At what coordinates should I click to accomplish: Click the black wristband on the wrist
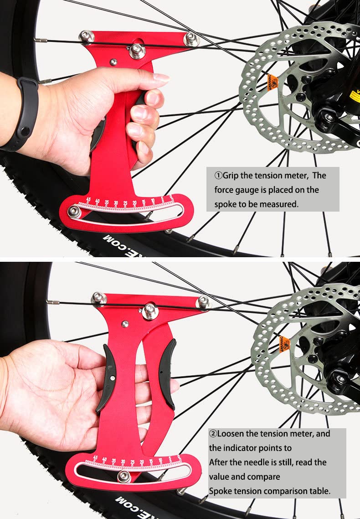point(23,114)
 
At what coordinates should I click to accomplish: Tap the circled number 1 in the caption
point(218,176)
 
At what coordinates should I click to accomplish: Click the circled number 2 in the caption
point(213,433)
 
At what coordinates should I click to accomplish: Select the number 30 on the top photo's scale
point(116,203)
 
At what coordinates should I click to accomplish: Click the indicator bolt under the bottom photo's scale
point(123,476)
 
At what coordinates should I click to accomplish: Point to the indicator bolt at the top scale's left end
point(74,211)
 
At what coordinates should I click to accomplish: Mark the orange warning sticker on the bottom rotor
point(284,343)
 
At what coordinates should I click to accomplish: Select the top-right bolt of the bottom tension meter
point(203,302)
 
